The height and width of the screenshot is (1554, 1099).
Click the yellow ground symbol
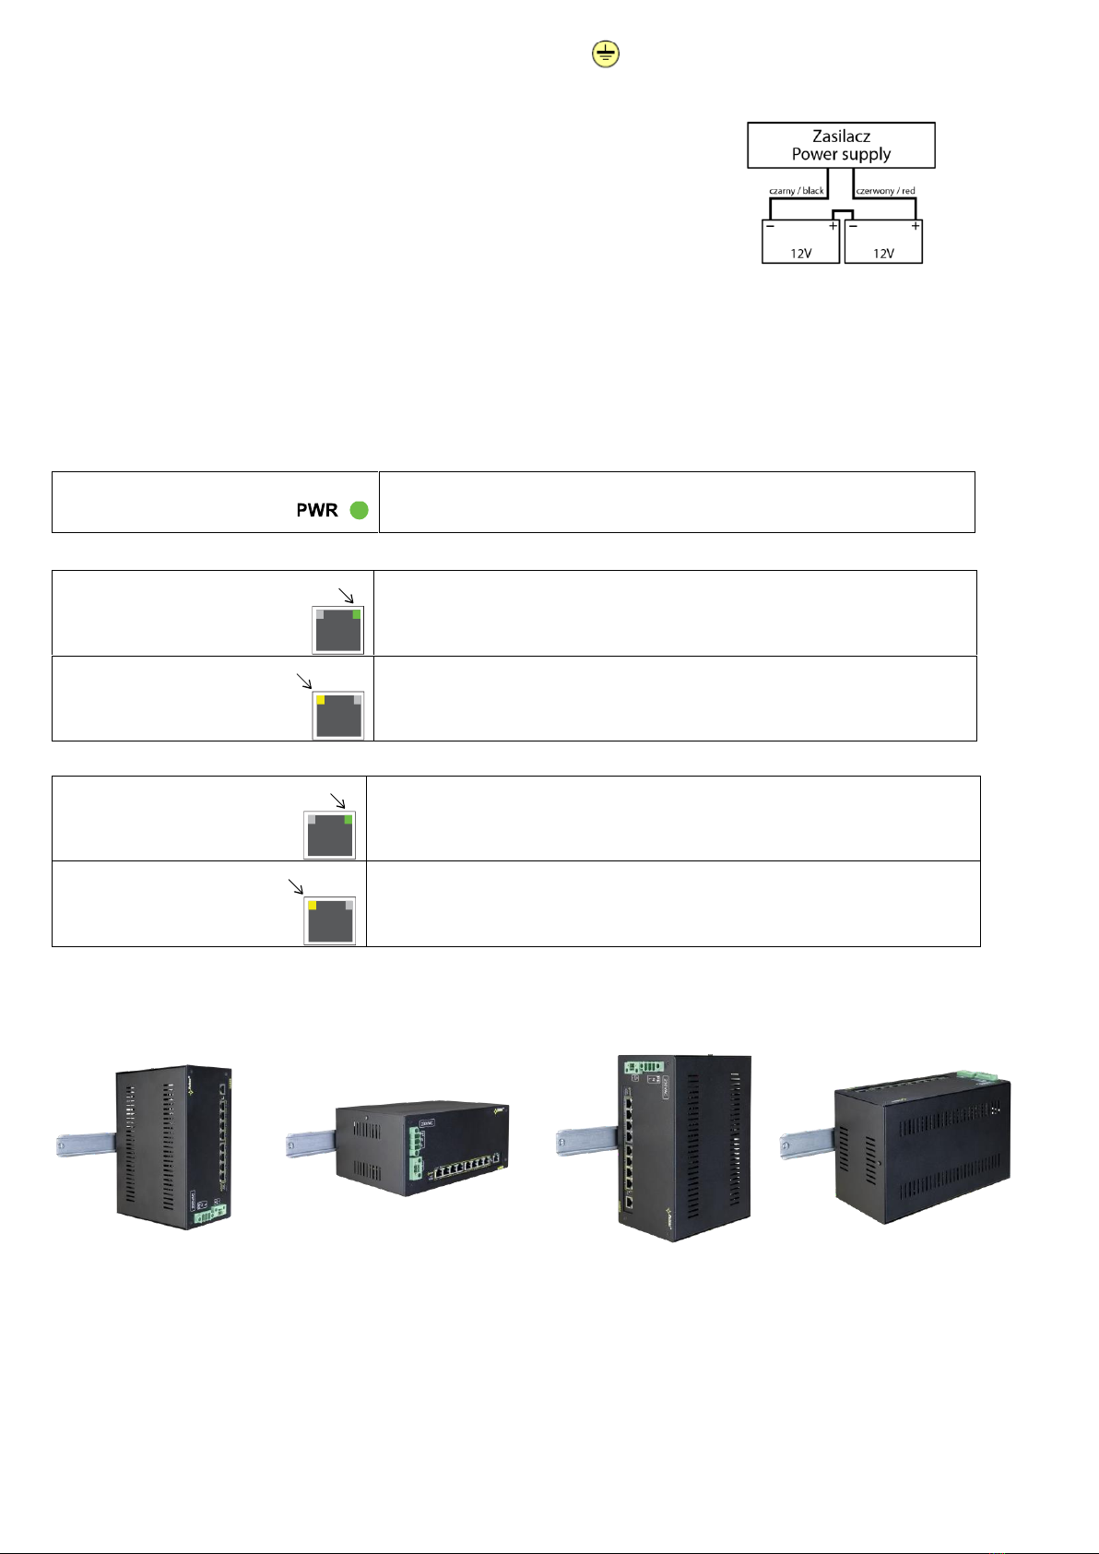tap(605, 55)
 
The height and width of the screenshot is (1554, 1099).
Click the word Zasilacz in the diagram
tap(841, 136)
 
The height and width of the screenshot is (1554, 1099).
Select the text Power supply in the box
tap(841, 154)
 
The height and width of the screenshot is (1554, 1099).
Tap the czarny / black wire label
tap(797, 191)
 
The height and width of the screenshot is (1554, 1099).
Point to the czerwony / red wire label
tap(885, 191)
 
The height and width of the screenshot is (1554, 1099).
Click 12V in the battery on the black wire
tap(800, 253)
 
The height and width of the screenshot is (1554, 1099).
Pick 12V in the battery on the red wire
tap(883, 253)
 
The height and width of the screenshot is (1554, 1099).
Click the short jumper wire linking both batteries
tap(842, 213)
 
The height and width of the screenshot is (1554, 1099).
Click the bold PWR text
tap(317, 510)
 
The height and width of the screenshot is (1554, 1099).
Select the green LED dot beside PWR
tap(360, 510)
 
